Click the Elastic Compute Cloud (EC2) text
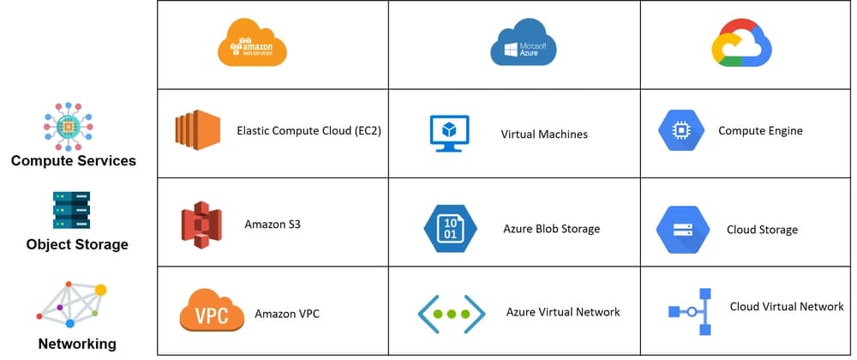coord(309,131)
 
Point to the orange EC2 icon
coord(197,131)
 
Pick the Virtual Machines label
coord(544,135)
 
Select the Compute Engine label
coord(760,131)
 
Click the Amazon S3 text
coord(273,225)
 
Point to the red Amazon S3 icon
coord(201,225)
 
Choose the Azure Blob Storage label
coord(551,229)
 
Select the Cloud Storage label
coord(762,230)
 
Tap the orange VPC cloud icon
coord(211,312)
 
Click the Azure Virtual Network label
coord(563,312)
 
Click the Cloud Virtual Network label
coord(786,307)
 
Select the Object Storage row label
coord(77,244)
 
